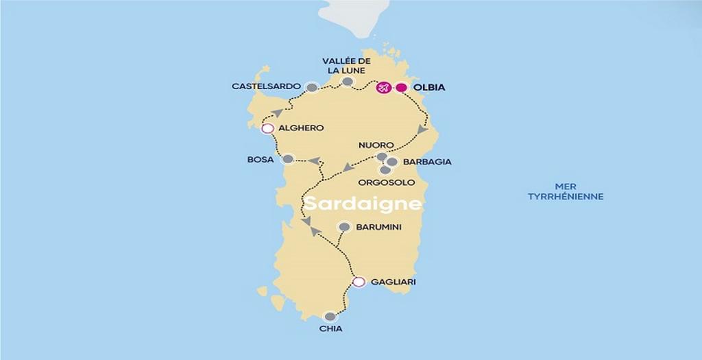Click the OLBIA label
click(x=430, y=88)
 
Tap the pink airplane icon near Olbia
click(x=384, y=88)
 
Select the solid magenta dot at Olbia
click(x=402, y=88)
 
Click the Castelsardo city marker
click(x=313, y=87)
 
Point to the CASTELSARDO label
click(x=266, y=86)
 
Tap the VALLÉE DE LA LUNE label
click(x=346, y=66)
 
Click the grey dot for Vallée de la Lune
click(x=348, y=82)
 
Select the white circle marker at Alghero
click(x=268, y=128)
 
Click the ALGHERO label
click(x=302, y=128)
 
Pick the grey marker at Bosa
click(x=289, y=159)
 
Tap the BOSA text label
click(x=261, y=160)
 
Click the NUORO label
click(x=376, y=145)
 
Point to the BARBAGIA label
click(x=427, y=163)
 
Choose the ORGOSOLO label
click(x=387, y=182)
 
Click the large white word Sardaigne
click(x=363, y=204)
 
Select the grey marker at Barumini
click(x=345, y=227)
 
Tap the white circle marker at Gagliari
click(x=359, y=282)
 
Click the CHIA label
click(x=330, y=329)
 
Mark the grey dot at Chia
click(x=330, y=317)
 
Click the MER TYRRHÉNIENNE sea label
click(x=566, y=191)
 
